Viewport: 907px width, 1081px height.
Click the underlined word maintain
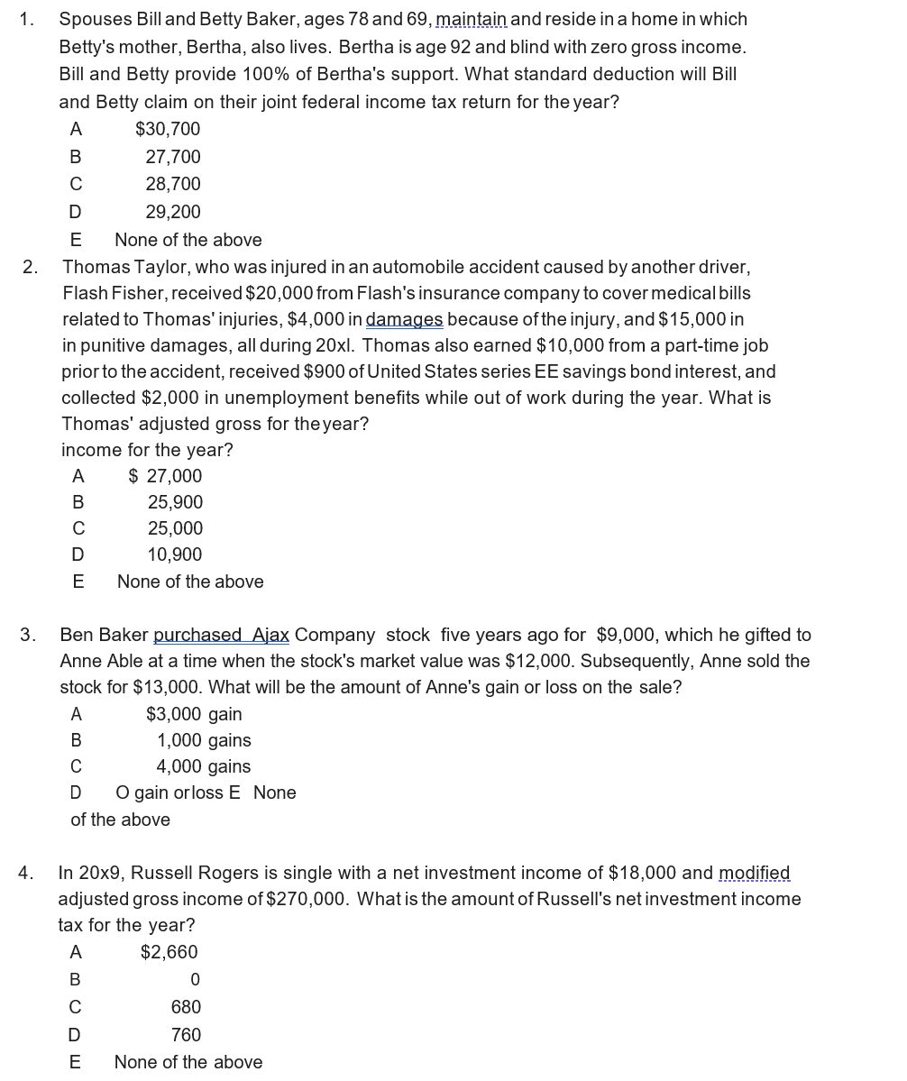click(x=471, y=19)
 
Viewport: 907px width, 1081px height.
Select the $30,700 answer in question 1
click(x=168, y=129)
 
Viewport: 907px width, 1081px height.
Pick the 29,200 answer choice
click(x=173, y=212)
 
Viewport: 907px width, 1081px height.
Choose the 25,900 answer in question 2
click(x=175, y=502)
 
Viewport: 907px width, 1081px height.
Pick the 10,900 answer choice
click(x=175, y=554)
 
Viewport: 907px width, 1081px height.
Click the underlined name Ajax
click(x=270, y=635)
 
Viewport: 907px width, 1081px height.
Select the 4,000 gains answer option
click(x=203, y=766)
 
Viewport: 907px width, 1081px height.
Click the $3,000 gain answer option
click(x=194, y=714)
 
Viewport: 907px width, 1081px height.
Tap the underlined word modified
click(x=754, y=873)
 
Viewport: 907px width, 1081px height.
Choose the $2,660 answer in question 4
click(x=169, y=952)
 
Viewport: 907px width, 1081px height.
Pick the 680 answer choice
click(x=186, y=1007)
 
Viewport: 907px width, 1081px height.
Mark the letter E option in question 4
click(x=76, y=1062)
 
